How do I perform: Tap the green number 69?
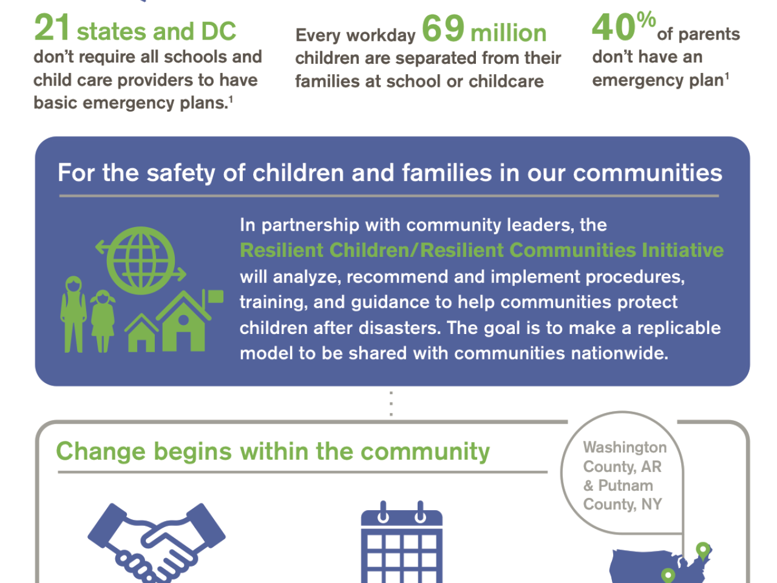443,28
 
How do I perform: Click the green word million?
508,33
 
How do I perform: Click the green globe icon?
141,260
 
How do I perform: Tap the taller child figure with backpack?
73,314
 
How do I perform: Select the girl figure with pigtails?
103,321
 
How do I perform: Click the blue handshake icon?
157,542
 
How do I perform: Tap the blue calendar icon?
401,542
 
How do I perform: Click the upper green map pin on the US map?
703,550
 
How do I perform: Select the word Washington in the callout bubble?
625,448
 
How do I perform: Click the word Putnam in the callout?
625,485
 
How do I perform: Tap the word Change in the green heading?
101,452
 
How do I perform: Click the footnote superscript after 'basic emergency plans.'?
231,100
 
